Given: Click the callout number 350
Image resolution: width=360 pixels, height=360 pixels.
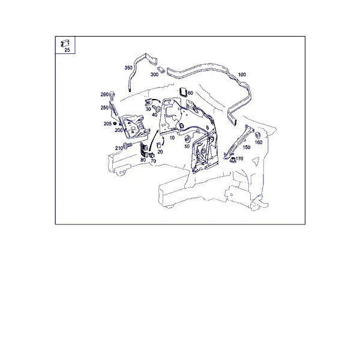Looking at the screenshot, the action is tap(128, 68).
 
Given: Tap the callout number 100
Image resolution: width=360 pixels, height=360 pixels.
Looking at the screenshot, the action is tap(242, 74).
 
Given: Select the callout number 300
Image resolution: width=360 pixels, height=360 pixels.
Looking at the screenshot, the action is tap(154, 74).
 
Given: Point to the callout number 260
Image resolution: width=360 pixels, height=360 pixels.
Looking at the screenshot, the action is tap(104, 95).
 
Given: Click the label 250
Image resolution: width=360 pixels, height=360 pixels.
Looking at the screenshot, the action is tap(104, 107).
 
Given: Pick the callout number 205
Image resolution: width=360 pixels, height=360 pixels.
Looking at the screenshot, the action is tap(107, 124).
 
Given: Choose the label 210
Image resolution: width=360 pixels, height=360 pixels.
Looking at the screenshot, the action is tap(119, 148).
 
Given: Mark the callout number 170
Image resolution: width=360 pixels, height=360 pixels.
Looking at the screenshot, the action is tap(239, 158).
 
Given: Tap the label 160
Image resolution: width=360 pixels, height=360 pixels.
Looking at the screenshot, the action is tap(259, 143).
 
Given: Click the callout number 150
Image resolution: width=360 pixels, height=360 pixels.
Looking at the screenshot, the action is tap(247, 148).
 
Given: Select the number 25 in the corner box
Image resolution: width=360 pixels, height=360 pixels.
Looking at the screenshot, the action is tap(67, 50).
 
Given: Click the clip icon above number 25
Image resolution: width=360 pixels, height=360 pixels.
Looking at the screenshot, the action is tap(65, 43).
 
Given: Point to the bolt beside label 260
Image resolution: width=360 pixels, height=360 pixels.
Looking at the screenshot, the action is tap(112, 95).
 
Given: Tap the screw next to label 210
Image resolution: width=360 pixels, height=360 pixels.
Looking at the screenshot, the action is tap(127, 146).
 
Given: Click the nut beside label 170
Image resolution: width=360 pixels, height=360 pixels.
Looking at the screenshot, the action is tap(233, 160).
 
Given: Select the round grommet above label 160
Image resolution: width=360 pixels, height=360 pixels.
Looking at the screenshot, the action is tap(257, 135).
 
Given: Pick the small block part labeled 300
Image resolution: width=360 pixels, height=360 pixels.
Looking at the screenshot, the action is tap(161, 70).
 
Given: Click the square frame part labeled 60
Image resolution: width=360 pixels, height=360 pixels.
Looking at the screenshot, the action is tap(183, 92).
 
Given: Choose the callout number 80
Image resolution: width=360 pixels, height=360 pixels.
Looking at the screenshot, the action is tap(143, 160).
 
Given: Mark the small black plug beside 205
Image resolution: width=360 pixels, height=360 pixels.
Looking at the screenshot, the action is tap(115, 124).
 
